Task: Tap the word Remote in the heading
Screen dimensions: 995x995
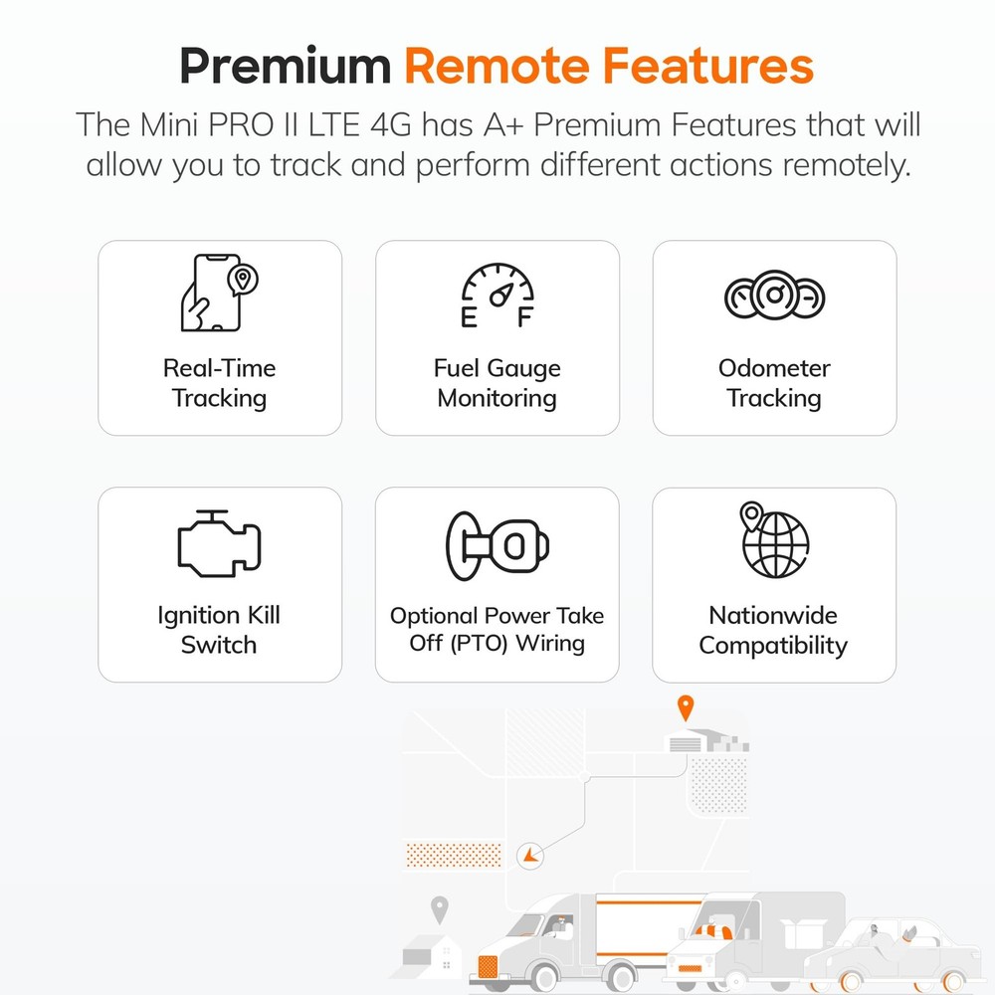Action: (497, 66)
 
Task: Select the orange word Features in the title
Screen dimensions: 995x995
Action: (707, 66)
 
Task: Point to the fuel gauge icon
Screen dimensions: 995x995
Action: (497, 296)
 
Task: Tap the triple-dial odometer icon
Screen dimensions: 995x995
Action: (774, 296)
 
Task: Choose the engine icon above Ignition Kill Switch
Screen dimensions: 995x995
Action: (219, 544)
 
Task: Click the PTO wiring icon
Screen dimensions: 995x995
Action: (497, 545)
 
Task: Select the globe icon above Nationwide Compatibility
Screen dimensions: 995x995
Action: (774, 540)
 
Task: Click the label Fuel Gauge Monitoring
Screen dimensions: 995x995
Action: (497, 383)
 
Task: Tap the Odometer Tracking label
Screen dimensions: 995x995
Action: (774, 383)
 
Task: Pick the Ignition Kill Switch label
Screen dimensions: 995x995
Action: (219, 630)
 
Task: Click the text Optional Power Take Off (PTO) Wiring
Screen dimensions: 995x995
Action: (497, 630)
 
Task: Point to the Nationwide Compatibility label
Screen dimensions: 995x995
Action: (773, 630)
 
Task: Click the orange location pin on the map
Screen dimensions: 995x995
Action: (686, 707)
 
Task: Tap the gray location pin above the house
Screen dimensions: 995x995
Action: (439, 909)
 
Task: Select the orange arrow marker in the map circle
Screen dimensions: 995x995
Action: (529, 856)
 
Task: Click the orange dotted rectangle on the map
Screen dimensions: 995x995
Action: (454, 855)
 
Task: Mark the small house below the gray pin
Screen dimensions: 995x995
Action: (432, 955)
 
